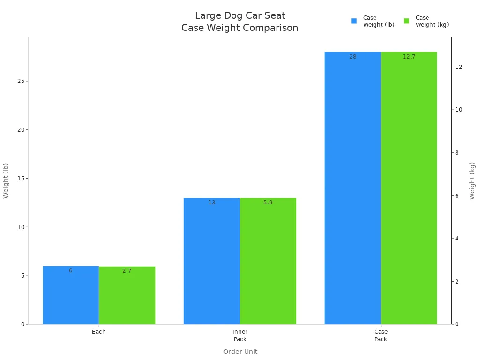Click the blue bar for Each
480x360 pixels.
click(71, 295)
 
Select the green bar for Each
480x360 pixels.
click(127, 295)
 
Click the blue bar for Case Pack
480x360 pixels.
click(352, 188)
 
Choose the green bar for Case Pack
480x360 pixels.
click(409, 188)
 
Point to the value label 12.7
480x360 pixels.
click(409, 57)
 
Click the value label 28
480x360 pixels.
click(352, 57)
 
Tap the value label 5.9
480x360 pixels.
click(268, 202)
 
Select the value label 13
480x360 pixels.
click(211, 202)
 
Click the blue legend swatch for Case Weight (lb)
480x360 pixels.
click(354, 21)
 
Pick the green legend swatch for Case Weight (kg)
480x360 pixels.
click(406, 21)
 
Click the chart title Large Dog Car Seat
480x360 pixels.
click(240, 16)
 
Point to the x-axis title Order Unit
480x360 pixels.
click(240, 352)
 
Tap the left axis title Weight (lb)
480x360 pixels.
click(6, 180)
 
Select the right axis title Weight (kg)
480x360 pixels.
click(472, 180)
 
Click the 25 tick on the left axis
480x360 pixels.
click(20, 81)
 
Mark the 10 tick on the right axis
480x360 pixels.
click(458, 110)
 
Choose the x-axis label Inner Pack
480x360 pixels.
click(240, 335)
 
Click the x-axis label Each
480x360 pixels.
click(99, 332)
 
